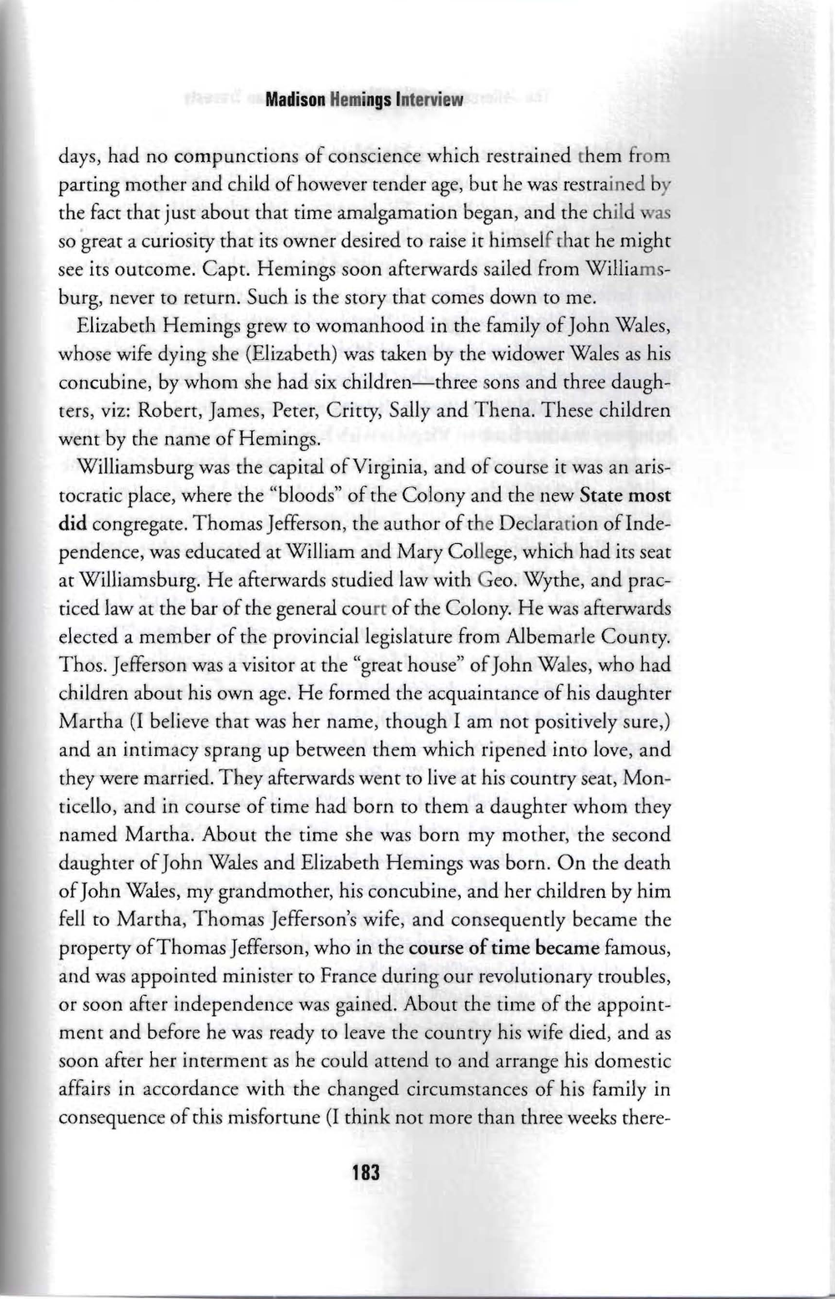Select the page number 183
click(x=366, y=1172)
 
